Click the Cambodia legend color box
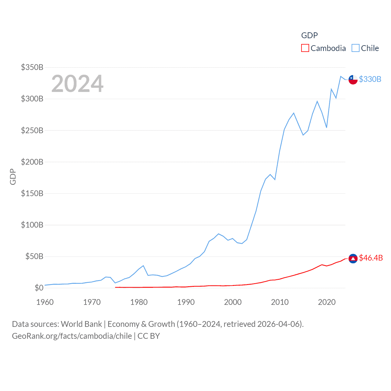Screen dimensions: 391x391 pyautogui.click(x=305, y=48)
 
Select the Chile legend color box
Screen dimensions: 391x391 pyautogui.click(x=355, y=48)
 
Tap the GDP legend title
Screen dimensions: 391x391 pyautogui.click(x=309, y=35)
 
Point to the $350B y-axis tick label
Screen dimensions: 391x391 pyautogui.click(x=32, y=67)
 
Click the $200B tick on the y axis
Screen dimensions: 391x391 pyautogui.click(x=32, y=162)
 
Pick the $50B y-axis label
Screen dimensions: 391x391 pyautogui.click(x=34, y=256)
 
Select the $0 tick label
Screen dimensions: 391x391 pyautogui.click(x=39, y=288)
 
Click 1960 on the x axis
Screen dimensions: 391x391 pyautogui.click(x=45, y=302)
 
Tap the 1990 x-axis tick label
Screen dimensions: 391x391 pyautogui.click(x=186, y=302)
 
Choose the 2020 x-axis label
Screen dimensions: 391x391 pyautogui.click(x=327, y=302)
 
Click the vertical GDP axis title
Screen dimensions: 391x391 pyautogui.click(x=13, y=177)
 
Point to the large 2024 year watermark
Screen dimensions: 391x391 pyautogui.click(x=77, y=84)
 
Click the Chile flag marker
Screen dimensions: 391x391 pyautogui.click(x=353, y=79)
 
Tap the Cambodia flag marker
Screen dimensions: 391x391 pyautogui.click(x=353, y=258)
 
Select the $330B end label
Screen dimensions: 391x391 pyautogui.click(x=370, y=79)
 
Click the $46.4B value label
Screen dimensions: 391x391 pyautogui.click(x=371, y=258)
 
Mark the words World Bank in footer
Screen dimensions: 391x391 pyautogui.click(x=81, y=324)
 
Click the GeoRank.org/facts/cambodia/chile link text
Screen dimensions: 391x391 pyautogui.click(x=72, y=336)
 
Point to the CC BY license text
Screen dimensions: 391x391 pyautogui.click(x=149, y=336)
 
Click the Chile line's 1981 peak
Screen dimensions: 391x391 pyautogui.click(x=143, y=265)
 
